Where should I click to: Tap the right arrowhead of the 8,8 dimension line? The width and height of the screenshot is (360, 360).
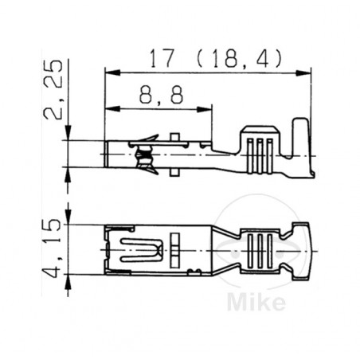pyautogui.click(x=209, y=109)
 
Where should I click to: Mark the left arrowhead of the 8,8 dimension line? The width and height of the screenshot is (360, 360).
pyautogui.click(x=110, y=109)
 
